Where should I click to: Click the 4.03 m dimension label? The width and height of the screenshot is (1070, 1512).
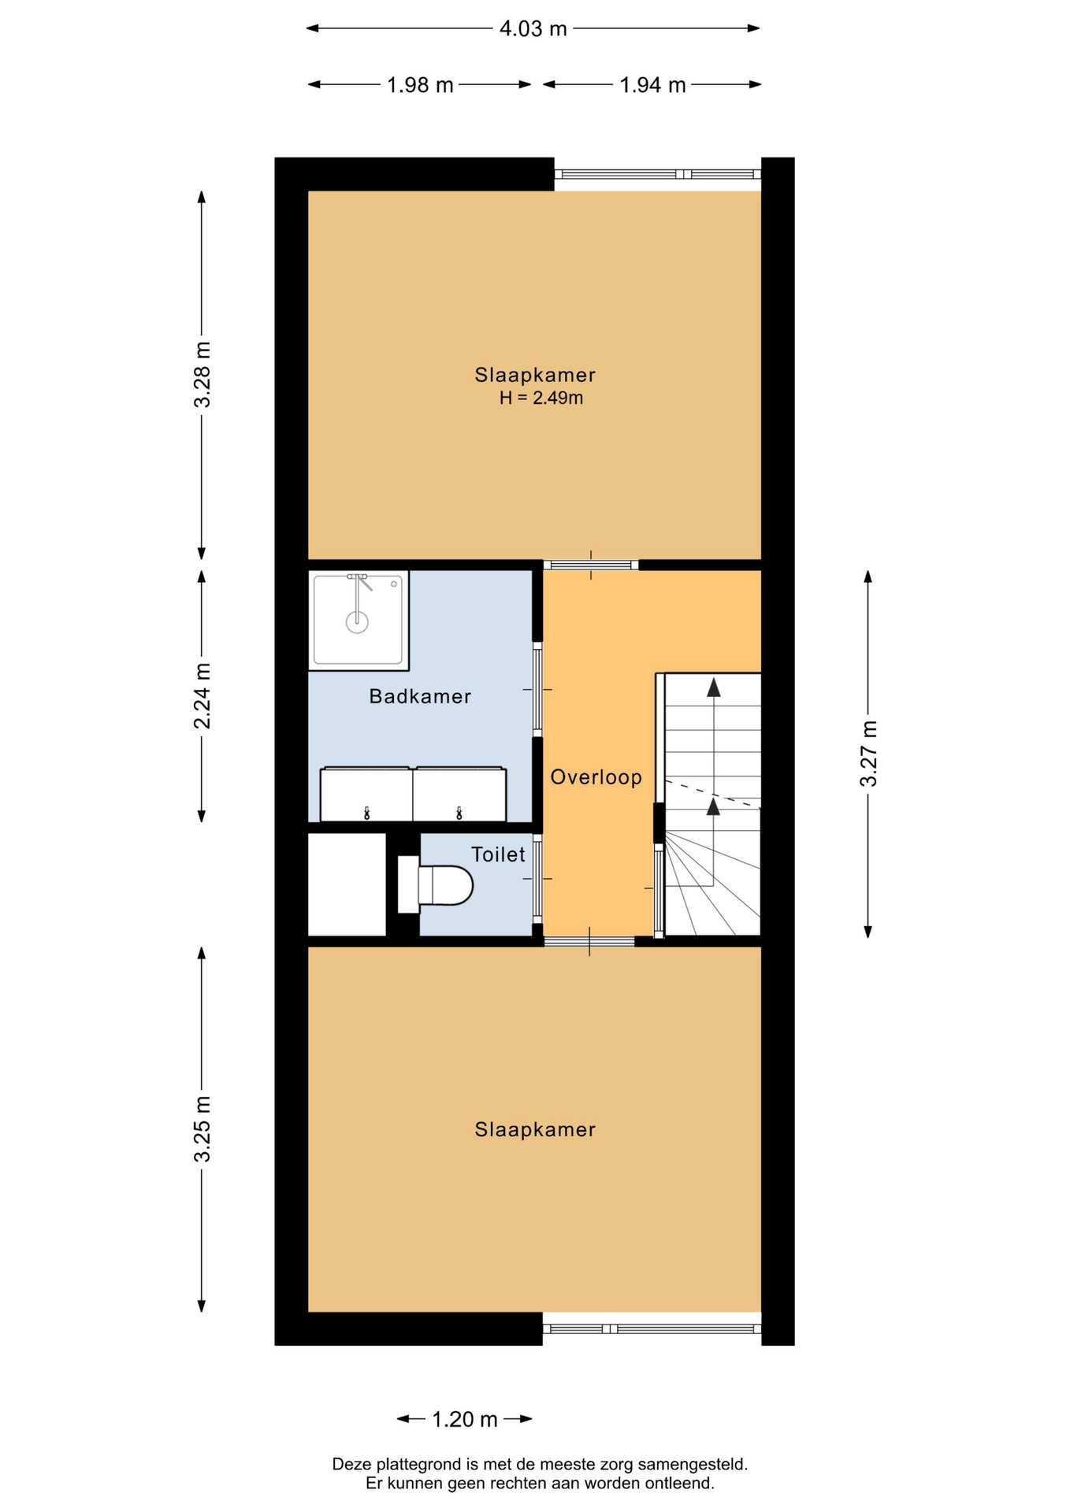point(533,29)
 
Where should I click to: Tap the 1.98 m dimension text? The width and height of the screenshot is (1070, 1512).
point(420,85)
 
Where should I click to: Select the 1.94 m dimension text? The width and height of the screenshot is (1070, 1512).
point(652,85)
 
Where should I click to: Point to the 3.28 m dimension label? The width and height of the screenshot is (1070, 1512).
point(202,374)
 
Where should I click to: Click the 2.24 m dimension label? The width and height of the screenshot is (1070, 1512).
point(202,696)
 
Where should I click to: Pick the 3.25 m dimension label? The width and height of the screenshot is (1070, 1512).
point(202,1128)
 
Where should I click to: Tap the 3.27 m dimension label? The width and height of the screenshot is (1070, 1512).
point(868,753)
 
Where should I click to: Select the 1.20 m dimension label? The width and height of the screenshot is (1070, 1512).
point(465,1419)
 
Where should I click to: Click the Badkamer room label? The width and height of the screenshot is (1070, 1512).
point(420,696)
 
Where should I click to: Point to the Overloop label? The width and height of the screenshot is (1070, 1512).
point(596,777)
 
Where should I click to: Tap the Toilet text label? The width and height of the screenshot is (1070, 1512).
point(498,854)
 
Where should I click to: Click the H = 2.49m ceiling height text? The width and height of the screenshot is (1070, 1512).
point(541,398)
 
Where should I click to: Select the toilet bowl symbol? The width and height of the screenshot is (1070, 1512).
point(436,885)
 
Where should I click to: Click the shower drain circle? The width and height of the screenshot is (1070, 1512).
point(358,622)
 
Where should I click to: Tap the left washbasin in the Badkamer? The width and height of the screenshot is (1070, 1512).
point(366,794)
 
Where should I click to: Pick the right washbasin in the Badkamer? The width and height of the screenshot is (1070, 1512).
point(459,794)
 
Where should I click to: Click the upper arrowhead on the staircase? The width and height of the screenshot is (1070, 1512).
point(714,687)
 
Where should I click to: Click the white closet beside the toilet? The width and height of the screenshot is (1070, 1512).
point(347,884)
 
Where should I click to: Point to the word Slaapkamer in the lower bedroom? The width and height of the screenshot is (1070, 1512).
point(535,1130)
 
